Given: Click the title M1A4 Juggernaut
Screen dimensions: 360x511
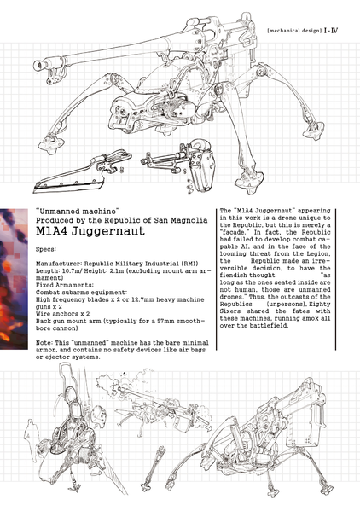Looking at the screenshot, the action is [90, 231].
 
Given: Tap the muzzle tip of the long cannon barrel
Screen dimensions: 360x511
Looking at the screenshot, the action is [38, 65].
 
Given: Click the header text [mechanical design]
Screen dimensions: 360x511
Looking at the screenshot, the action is [294, 31].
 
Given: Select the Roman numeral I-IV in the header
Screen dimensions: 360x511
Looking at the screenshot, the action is [331, 31].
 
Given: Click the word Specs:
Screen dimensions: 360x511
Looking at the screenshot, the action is [46, 249].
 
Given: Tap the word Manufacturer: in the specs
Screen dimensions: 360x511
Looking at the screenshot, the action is [59, 264].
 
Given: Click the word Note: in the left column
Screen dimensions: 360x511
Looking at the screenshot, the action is [44, 343].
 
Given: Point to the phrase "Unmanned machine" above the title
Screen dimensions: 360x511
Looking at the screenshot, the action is [78, 212].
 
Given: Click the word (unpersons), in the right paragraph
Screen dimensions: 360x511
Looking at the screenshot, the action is [285, 304].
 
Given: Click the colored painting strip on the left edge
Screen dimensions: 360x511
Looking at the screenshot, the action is [14, 279].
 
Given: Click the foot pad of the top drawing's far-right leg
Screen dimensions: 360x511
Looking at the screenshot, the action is [313, 131].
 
